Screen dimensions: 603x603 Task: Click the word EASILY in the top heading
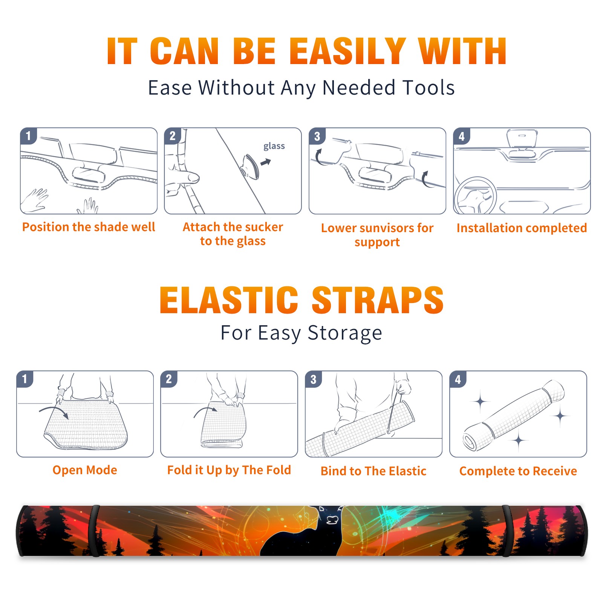click(x=347, y=51)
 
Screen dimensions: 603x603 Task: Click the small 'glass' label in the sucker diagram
click(x=274, y=146)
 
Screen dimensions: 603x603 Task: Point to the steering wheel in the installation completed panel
click(x=476, y=196)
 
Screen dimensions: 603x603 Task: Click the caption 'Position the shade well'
click(x=89, y=227)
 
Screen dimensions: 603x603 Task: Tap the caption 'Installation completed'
click(x=522, y=228)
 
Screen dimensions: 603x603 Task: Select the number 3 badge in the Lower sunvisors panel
click(x=317, y=136)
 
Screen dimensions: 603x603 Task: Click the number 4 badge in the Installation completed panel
click(x=462, y=136)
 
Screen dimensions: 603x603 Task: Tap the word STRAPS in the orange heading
click(x=378, y=300)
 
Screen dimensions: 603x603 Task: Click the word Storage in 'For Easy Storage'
click(x=345, y=333)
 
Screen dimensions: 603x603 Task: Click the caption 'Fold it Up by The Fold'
click(x=229, y=470)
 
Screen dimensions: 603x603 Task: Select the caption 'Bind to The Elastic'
click(x=373, y=471)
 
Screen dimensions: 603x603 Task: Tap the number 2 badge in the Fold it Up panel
click(x=169, y=379)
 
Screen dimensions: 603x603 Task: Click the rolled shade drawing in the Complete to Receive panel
click(x=514, y=416)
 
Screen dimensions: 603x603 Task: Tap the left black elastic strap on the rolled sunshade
click(x=94, y=531)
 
